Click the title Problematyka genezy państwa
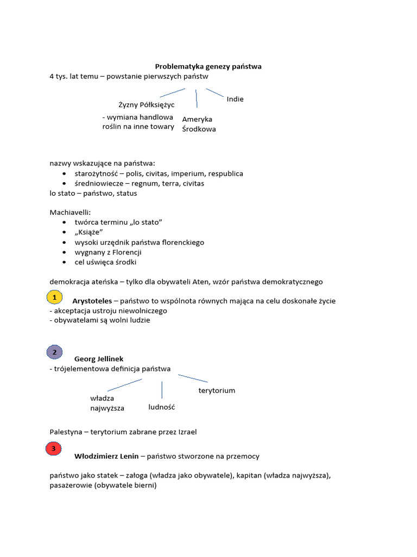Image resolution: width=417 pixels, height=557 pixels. (208, 66)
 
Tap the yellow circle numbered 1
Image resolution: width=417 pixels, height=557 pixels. (54, 298)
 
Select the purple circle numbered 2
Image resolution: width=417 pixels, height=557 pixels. (54, 352)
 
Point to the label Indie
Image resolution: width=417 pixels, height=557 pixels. (235, 99)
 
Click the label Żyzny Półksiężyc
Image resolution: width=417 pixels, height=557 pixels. (139, 104)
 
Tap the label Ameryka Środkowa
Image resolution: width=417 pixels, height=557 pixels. (199, 124)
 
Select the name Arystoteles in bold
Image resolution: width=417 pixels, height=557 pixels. (92, 301)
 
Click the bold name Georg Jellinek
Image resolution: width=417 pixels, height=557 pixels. (99, 359)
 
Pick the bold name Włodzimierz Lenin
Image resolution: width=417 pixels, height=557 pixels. (106, 456)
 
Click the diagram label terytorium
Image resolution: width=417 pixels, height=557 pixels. (217, 391)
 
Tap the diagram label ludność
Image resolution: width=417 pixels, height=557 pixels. (162, 407)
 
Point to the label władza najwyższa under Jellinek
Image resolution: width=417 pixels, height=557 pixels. (107, 403)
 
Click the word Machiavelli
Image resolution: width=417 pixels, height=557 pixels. (69, 213)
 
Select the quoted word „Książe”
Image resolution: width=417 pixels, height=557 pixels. (89, 232)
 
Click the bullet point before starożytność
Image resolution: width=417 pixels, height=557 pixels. (65, 174)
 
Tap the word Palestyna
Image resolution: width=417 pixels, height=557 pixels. (65, 432)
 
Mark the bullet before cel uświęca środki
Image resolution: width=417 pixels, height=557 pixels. (65, 262)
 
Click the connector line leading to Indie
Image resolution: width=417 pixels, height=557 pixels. (215, 93)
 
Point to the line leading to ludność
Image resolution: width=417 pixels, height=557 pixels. (162, 389)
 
